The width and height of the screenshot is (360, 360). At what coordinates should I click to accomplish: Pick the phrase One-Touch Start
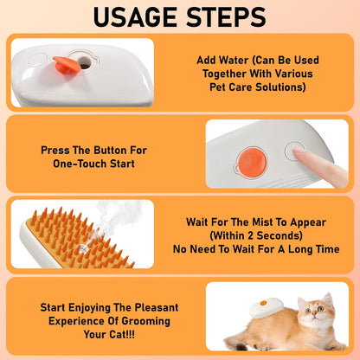pos(93,164)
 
